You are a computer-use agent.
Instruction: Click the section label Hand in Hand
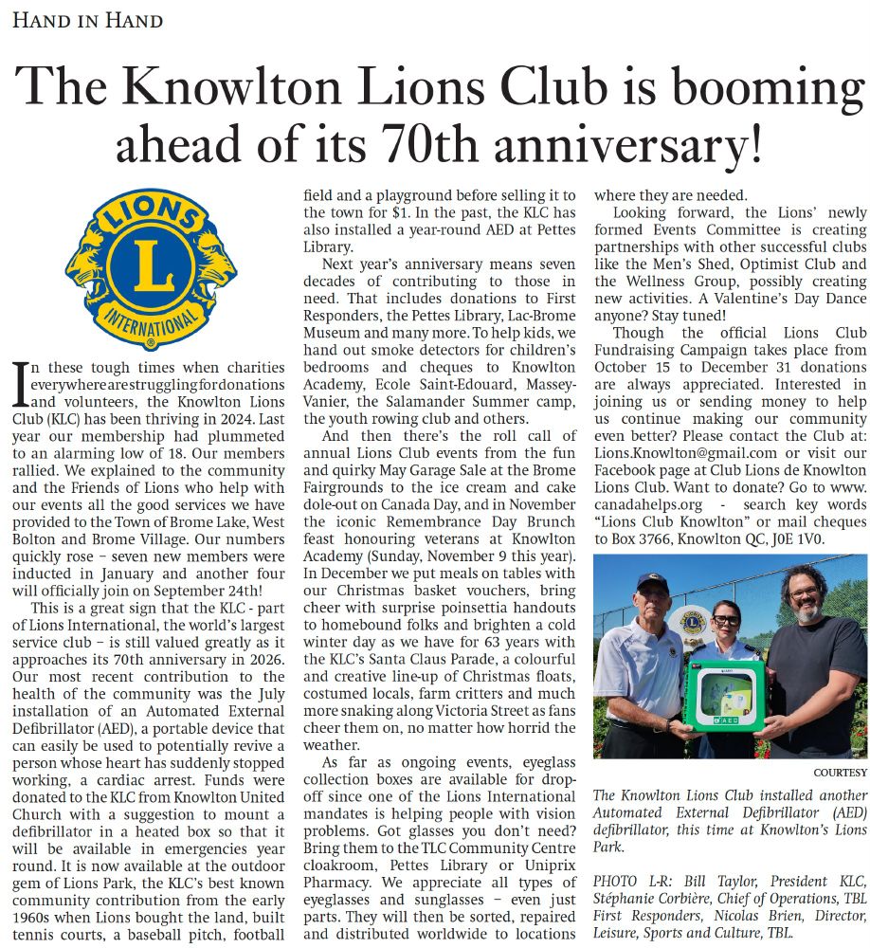point(87,20)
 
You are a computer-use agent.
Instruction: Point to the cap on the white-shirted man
point(653,582)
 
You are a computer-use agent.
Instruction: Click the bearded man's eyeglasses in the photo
point(806,592)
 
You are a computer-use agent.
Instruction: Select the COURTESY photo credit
point(839,772)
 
